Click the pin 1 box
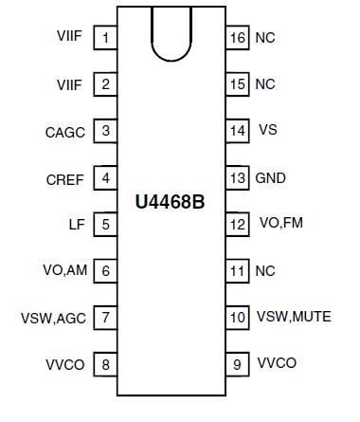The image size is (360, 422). pos(105,38)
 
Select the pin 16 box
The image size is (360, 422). pos(237,38)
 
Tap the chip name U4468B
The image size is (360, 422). pos(171,202)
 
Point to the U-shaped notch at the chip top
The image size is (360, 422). pos(171,34)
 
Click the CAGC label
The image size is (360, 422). pos(65,132)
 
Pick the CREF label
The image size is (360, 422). pos(65,178)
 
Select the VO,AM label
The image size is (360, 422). pos(65,271)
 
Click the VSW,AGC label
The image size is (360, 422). pos(54,318)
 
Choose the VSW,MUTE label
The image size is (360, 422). pos(294,317)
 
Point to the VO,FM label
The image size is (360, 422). pos(281,224)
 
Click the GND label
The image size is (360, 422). pos(271,177)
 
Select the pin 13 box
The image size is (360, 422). pos(237,177)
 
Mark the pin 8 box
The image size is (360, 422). pos(105,364)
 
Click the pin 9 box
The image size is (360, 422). pos(237,364)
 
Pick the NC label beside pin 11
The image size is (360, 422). pos(265,270)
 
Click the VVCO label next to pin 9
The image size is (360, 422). pos(277,363)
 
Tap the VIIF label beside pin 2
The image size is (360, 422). pos(70,84)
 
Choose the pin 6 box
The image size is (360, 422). pos(105,271)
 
